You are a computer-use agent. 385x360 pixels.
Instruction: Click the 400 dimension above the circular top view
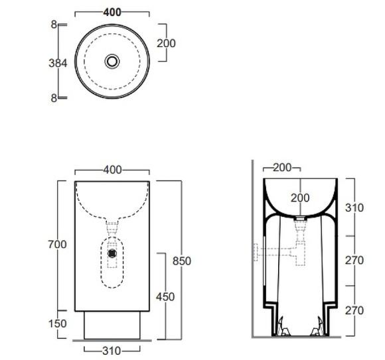click(112, 12)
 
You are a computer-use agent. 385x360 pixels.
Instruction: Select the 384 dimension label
click(58, 63)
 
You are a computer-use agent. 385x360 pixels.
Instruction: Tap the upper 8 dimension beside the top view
click(53, 25)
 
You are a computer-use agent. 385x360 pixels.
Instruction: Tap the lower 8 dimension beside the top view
click(53, 97)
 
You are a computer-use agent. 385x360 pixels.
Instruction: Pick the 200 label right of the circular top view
click(166, 43)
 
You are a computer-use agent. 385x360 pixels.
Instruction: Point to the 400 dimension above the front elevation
click(112, 170)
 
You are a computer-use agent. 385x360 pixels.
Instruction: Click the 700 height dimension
click(58, 245)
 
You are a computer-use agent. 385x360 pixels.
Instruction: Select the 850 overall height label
click(181, 261)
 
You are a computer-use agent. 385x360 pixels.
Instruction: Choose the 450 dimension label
click(165, 296)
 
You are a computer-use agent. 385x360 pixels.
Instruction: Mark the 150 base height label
click(58, 324)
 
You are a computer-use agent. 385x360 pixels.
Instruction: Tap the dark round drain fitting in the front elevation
click(113, 253)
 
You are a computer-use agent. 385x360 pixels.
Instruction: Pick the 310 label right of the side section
click(354, 208)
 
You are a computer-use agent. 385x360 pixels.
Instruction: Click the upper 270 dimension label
click(354, 261)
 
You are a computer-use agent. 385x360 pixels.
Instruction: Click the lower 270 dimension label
click(354, 310)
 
